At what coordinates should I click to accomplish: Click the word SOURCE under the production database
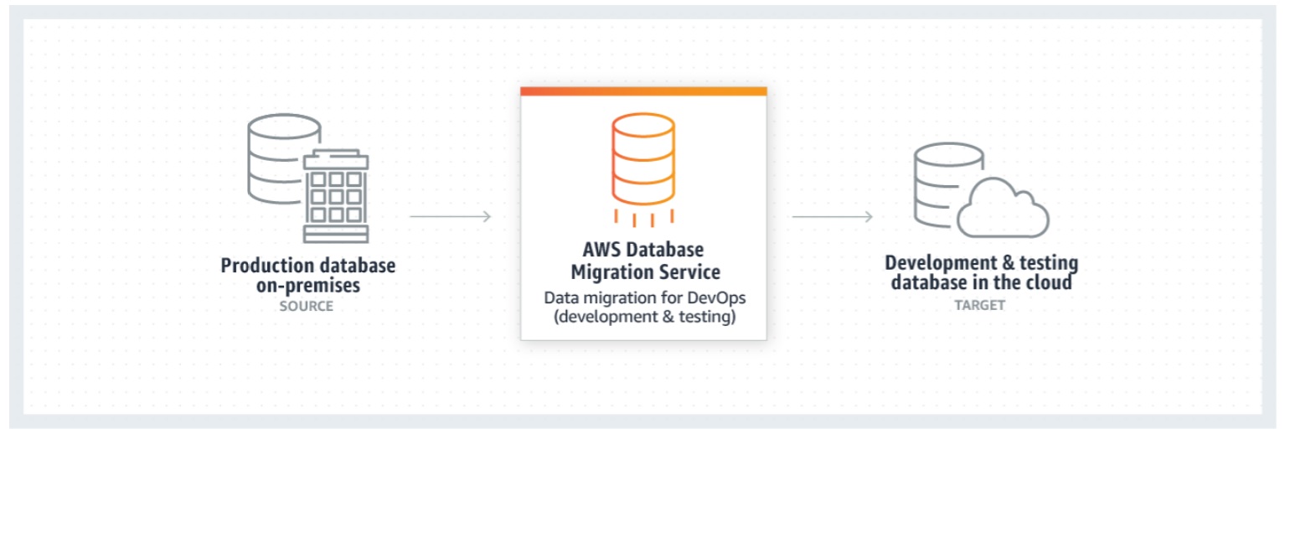[x=306, y=306]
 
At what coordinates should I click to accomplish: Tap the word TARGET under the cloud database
[x=979, y=305]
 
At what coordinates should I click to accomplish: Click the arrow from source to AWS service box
[x=450, y=216]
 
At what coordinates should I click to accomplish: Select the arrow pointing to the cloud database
[x=832, y=216]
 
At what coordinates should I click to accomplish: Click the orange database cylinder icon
[x=642, y=160]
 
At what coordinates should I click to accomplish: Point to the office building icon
[x=336, y=198]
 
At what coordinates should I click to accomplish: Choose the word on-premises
[x=307, y=285]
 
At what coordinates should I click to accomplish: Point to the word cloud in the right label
[x=1046, y=282]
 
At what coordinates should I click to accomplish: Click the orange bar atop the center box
[x=642, y=90]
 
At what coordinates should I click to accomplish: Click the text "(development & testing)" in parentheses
[x=643, y=318]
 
